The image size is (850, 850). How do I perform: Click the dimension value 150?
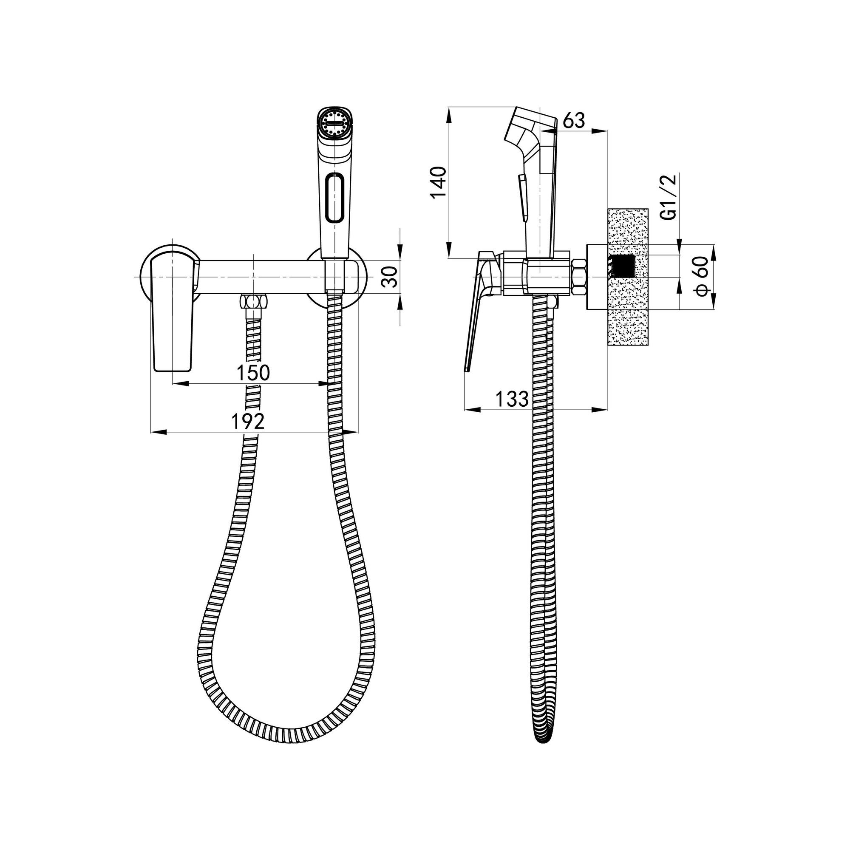[253, 373]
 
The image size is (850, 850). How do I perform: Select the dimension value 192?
[249, 422]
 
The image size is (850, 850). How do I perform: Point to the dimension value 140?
[439, 182]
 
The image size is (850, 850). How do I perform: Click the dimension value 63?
[574, 120]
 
